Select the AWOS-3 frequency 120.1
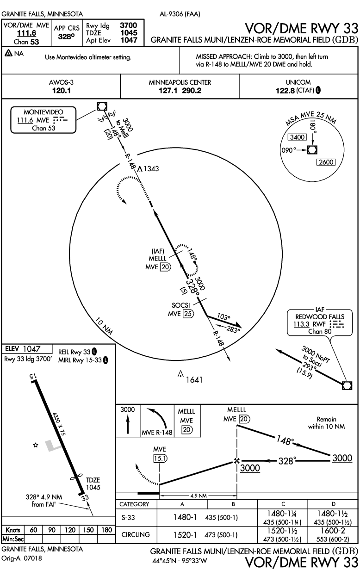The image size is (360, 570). tap(61, 90)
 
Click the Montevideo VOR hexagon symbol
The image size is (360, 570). tap(102, 106)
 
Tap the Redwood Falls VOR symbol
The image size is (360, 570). tap(346, 385)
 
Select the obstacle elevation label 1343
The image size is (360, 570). tap(151, 169)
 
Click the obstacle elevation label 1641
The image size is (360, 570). tap(194, 380)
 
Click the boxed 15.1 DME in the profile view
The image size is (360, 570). tap(160, 458)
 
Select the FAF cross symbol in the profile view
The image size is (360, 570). tap(237, 461)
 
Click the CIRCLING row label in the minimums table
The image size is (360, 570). tap(135, 535)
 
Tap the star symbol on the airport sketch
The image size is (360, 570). tap(35, 445)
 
